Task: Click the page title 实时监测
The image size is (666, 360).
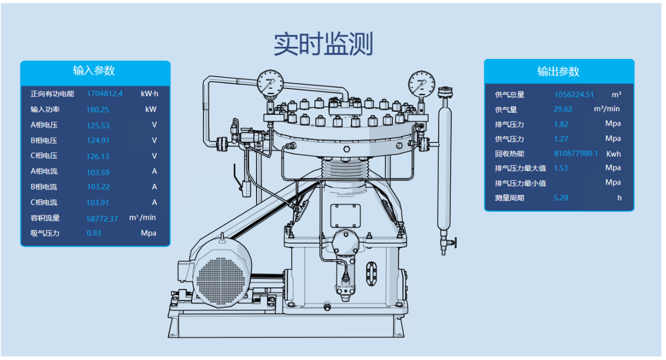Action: coord(324,44)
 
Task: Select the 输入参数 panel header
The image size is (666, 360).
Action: coord(94,70)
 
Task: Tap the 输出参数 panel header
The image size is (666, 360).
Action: coord(559,72)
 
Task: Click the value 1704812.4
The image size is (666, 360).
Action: coord(105,94)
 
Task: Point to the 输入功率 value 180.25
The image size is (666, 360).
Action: coord(97,110)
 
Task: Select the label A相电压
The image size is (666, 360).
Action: coord(44,125)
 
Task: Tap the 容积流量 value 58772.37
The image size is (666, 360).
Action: coord(102,219)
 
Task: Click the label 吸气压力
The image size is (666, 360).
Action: coord(45,233)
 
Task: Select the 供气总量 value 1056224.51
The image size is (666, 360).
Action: coord(574,95)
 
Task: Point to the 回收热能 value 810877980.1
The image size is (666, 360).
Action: coord(576,154)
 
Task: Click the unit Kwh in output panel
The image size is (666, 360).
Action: coord(613,154)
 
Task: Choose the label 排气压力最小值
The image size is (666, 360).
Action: coord(520,183)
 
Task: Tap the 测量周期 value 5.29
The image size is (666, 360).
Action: coord(561,198)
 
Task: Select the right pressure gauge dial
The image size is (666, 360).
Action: coord(422,84)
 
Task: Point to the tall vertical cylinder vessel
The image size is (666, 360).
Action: coord(444,165)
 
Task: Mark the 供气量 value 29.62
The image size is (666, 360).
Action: coord(563,110)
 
